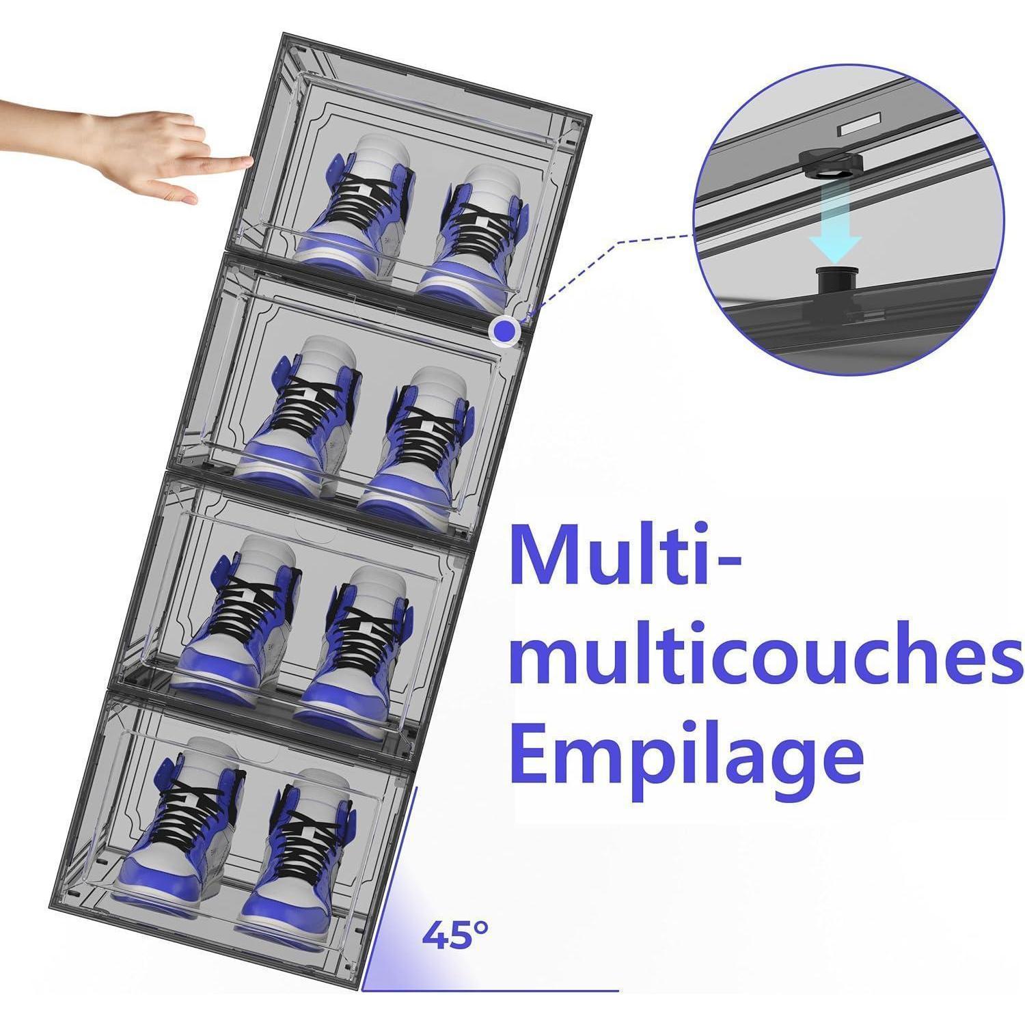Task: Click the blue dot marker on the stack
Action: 504,331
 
